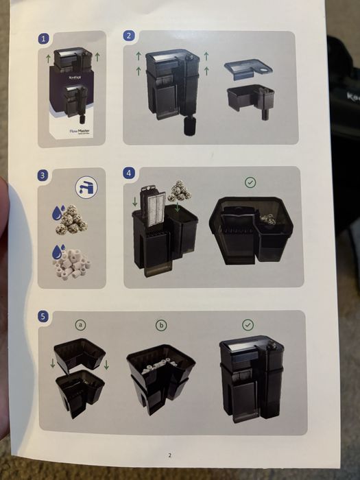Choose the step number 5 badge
[x=44, y=316]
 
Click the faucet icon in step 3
[x=86, y=187]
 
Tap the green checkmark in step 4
[x=251, y=183]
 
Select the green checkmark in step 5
[x=248, y=324]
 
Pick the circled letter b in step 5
[x=161, y=325]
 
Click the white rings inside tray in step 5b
[x=159, y=368]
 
